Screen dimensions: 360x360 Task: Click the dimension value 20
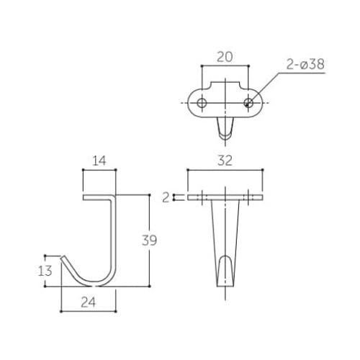(225, 57)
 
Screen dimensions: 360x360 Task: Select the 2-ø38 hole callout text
(305, 64)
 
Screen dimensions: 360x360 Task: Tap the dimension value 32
(225, 161)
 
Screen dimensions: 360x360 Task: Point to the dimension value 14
(99, 161)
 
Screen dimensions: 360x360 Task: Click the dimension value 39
(149, 240)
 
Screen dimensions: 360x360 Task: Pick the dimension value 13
(45, 271)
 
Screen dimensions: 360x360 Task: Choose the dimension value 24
(88, 302)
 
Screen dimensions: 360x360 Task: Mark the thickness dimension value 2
(166, 198)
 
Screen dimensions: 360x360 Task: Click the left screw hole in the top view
(202, 103)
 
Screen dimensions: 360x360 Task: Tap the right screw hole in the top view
(248, 103)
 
